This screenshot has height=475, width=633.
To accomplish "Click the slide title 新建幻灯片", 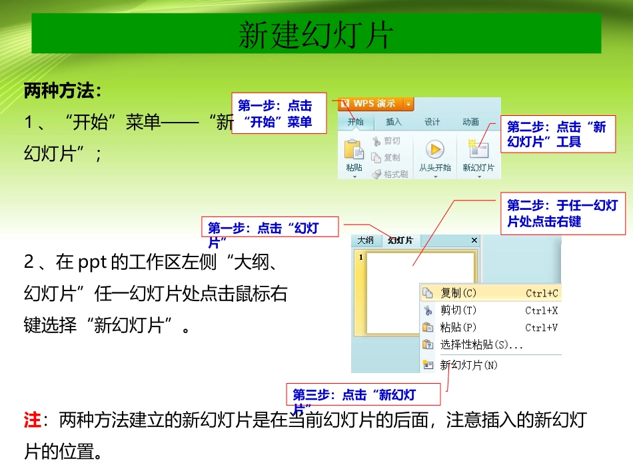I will (316, 35).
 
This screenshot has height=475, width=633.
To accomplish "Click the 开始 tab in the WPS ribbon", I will (355, 122).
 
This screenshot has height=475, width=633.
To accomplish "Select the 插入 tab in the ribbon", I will (394, 122).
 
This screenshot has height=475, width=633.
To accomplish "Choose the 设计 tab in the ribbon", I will (432, 122).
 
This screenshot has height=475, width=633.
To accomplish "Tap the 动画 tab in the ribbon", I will (470, 122).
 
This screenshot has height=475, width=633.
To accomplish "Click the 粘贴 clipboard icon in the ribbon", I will (354, 150).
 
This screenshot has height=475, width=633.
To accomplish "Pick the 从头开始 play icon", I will (435, 149).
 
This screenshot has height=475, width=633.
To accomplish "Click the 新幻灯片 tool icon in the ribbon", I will (478, 149).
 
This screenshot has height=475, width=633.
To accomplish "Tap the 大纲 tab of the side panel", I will (365, 240).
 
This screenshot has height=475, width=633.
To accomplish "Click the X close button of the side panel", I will (474, 240).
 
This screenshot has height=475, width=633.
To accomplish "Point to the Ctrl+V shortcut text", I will (541, 328).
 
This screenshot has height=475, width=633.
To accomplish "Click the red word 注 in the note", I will (32, 420).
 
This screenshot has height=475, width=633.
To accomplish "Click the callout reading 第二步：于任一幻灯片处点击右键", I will (562, 213).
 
